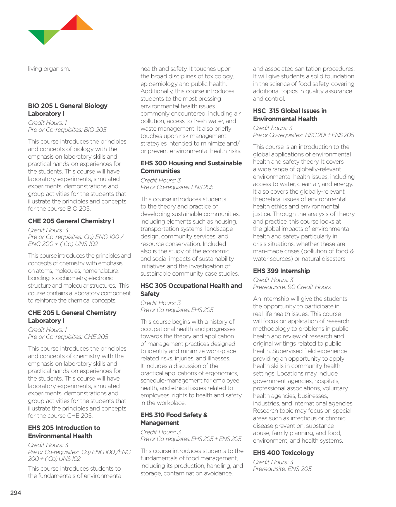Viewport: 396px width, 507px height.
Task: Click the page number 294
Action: click(x=16, y=493)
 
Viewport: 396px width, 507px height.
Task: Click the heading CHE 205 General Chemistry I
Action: click(x=71, y=221)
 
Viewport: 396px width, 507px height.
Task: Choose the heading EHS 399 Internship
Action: click(x=281, y=271)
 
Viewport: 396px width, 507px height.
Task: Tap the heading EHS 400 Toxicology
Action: click(x=283, y=453)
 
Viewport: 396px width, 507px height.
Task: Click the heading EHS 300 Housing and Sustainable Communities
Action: click(x=191, y=167)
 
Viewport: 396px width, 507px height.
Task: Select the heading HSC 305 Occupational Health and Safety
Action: click(x=191, y=290)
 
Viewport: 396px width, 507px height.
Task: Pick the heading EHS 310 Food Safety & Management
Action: click(x=174, y=419)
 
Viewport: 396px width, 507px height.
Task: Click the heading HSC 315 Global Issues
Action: click(x=290, y=115)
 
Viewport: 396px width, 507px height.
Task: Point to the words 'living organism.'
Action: click(x=49, y=69)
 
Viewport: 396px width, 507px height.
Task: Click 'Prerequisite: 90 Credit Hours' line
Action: click(x=292, y=287)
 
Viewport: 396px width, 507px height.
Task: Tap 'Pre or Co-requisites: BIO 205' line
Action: click(x=67, y=130)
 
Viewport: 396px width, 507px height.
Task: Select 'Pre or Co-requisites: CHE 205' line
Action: click(x=68, y=337)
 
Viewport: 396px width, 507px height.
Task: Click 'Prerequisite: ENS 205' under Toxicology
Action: click(x=282, y=469)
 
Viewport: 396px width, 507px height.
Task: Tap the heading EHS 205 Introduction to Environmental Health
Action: click(x=64, y=432)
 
